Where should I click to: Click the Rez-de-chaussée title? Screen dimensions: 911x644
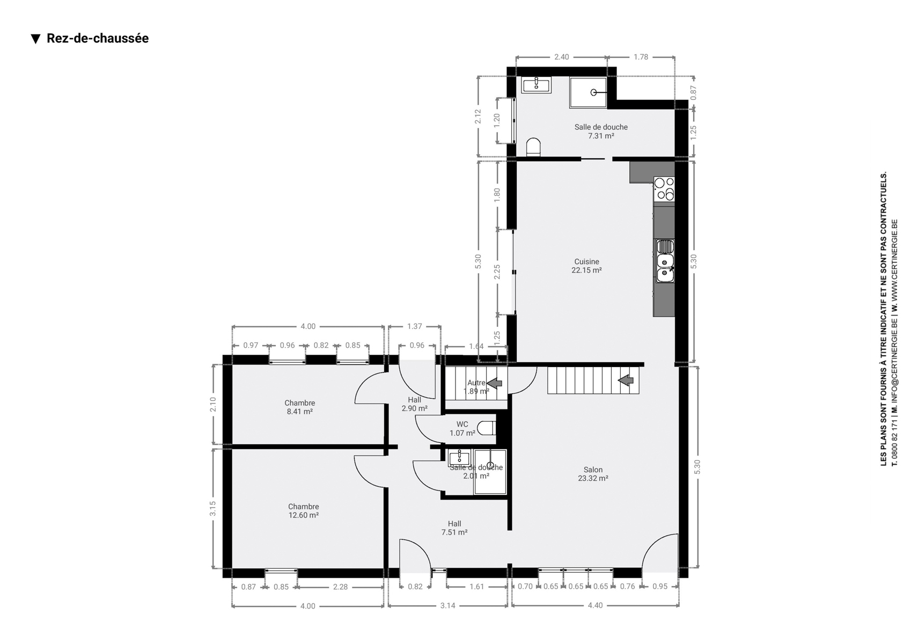98,38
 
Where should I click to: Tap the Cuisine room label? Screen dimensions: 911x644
586,261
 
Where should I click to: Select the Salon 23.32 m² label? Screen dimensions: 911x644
593,474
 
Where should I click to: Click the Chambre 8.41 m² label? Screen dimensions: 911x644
300,407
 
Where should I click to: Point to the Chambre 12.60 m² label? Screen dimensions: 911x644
303,510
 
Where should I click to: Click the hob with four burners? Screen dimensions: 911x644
664,189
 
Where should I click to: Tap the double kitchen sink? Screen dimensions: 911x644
665,261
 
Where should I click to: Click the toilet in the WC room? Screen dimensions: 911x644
487,428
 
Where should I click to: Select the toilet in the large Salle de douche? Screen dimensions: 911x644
533,147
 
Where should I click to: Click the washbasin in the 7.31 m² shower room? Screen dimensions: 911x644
537,85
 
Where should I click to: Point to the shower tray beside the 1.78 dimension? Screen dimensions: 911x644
588,93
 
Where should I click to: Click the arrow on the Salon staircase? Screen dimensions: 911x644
626,380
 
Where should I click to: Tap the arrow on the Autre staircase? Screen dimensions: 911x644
495,383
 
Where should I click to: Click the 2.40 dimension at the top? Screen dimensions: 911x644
562,57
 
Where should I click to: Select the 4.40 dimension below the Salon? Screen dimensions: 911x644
595,605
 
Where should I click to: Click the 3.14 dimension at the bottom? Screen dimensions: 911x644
448,606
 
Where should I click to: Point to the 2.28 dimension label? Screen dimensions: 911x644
340,587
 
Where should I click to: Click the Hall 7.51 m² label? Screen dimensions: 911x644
454,528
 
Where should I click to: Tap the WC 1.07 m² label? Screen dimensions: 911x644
462,429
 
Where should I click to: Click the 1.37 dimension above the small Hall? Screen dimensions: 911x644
414,326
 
